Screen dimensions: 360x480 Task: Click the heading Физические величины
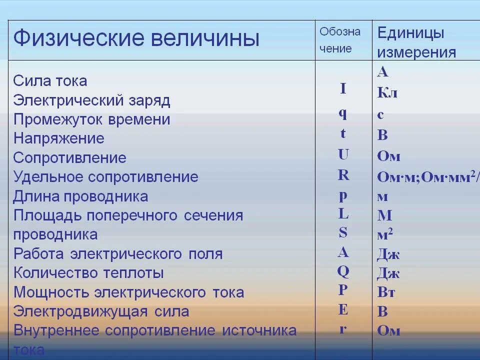point(136,38)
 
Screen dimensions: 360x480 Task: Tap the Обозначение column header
point(340,40)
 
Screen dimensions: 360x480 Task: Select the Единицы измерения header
point(416,42)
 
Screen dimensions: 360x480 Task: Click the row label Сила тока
point(50,81)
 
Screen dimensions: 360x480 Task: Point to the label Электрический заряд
point(91,100)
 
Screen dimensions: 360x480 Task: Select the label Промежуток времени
point(91,119)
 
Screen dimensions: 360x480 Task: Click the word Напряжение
point(58,138)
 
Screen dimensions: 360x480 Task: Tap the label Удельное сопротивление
point(105,177)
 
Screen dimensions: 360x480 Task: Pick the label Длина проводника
point(80,196)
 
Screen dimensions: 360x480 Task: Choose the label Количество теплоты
point(88,273)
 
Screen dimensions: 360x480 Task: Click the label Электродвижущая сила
point(101,311)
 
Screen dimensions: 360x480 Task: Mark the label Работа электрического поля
point(117,254)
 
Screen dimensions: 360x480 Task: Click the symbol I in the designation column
point(343,89)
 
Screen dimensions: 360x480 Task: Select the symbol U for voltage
point(343,154)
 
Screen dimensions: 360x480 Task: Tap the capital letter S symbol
point(343,232)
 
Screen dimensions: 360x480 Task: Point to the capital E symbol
point(343,310)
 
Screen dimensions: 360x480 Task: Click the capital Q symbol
point(343,271)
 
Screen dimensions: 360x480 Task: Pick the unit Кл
point(387,93)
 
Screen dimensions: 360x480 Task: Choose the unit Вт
point(386,292)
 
